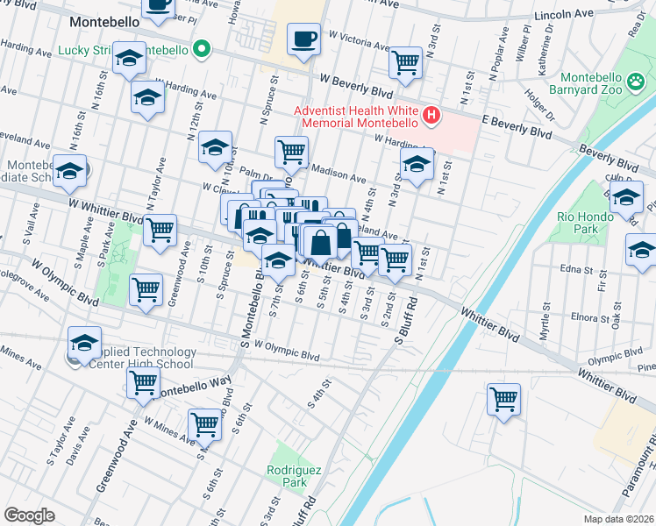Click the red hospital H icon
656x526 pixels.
pos(431,115)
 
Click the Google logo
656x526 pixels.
pos(29,515)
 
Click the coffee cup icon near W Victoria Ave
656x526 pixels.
pos(304,40)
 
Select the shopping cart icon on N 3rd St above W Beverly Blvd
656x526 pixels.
pos(404,61)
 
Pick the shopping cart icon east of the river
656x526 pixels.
pos(503,399)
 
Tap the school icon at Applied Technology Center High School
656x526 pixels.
pos(84,343)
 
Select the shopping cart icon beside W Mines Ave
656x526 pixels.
pos(204,424)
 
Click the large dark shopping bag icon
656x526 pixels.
pos(321,242)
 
